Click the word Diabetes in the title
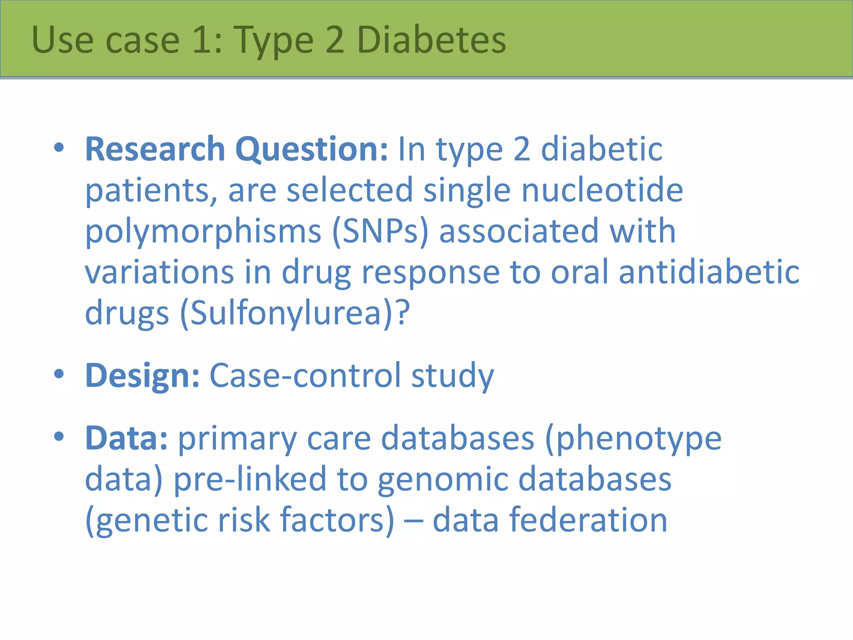coord(431,40)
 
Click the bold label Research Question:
coord(237,149)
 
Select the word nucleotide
coord(602,190)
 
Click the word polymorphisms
coord(203,232)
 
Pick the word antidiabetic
coord(709,272)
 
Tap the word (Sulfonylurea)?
coord(295,313)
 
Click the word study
coord(452,376)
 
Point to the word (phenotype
coord(633,438)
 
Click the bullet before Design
coord(59,374)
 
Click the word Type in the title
coord(273,40)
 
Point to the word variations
coord(159,272)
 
